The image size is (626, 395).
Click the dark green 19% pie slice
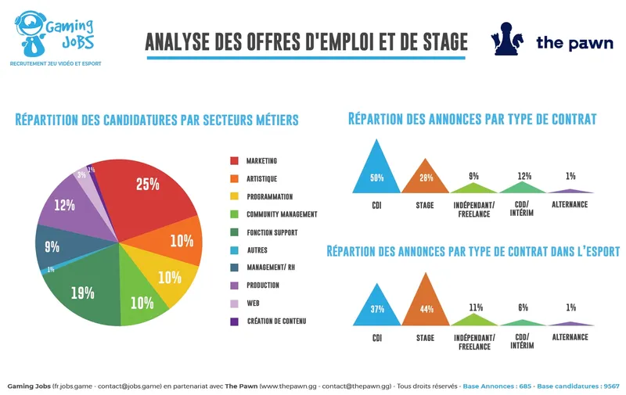pos(86,289)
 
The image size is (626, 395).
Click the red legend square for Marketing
pos(234,161)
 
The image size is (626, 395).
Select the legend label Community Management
pos(282,214)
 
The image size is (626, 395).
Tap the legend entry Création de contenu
pos(276,321)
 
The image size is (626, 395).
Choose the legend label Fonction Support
pos(272,232)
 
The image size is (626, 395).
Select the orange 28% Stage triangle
pos(426,181)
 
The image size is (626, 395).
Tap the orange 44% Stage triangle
pos(426,305)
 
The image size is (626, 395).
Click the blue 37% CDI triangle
pos(377,309)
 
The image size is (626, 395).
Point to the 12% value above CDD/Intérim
pos(523,176)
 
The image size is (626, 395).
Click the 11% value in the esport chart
pos(476,307)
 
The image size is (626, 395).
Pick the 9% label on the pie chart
pos(52,247)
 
